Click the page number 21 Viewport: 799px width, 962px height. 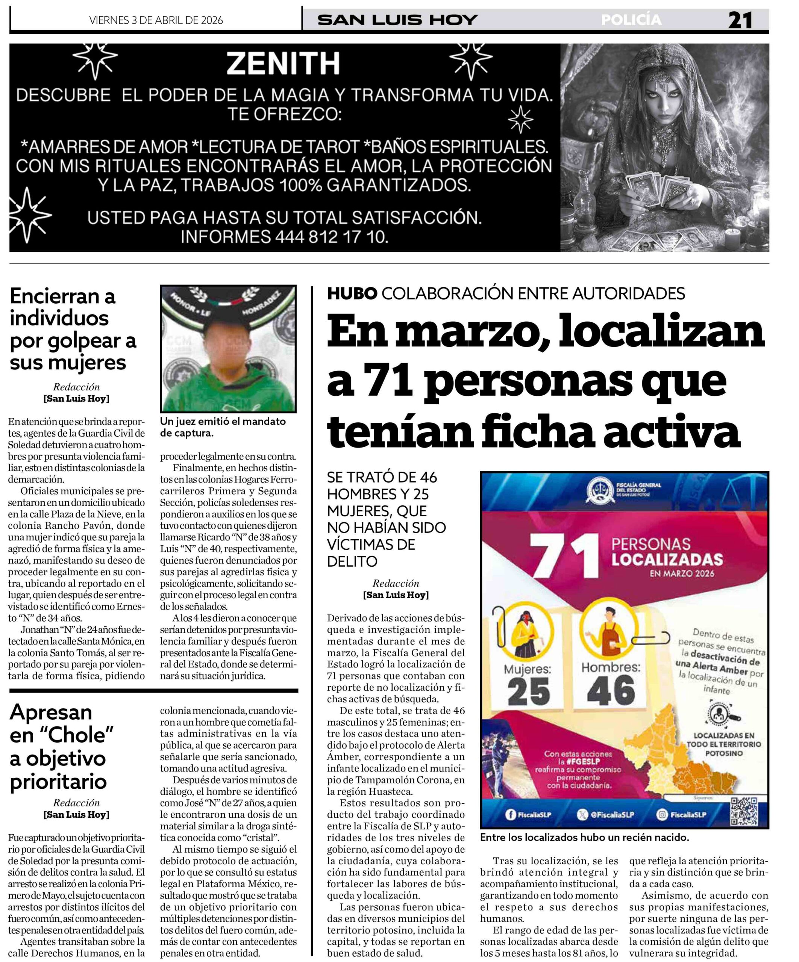740,20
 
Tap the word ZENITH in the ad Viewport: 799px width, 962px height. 283,63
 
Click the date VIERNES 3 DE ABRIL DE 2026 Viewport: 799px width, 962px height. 156,20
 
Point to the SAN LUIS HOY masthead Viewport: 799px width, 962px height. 397,20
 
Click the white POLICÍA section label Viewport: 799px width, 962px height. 631,20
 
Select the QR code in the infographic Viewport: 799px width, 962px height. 743,811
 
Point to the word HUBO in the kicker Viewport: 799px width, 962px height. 352,293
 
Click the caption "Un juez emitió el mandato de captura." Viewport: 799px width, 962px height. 223,427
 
